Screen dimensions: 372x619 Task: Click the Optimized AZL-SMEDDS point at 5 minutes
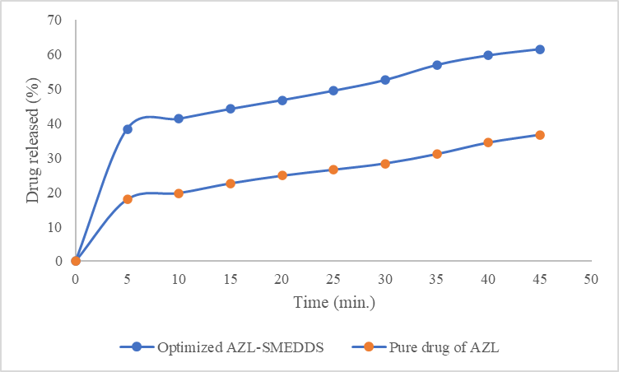click(128, 129)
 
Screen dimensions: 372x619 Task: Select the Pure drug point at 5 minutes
click(128, 199)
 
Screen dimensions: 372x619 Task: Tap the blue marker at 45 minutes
click(540, 49)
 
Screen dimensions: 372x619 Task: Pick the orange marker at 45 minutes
click(540, 135)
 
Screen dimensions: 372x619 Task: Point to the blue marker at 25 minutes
click(333, 91)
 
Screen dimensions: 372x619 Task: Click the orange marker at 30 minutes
click(385, 164)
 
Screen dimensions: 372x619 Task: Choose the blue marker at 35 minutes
click(437, 65)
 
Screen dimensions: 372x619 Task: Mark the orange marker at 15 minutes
click(230, 184)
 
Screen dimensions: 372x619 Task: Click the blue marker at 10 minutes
click(179, 119)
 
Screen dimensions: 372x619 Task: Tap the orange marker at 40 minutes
click(488, 142)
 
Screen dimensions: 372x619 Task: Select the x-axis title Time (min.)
click(334, 303)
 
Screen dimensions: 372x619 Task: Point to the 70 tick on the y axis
click(55, 20)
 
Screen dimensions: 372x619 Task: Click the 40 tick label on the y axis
click(55, 123)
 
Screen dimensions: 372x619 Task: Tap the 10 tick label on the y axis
click(55, 227)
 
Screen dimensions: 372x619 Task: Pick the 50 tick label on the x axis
click(591, 279)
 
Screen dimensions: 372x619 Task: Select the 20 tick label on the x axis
click(282, 279)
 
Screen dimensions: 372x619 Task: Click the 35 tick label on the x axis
click(436, 279)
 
